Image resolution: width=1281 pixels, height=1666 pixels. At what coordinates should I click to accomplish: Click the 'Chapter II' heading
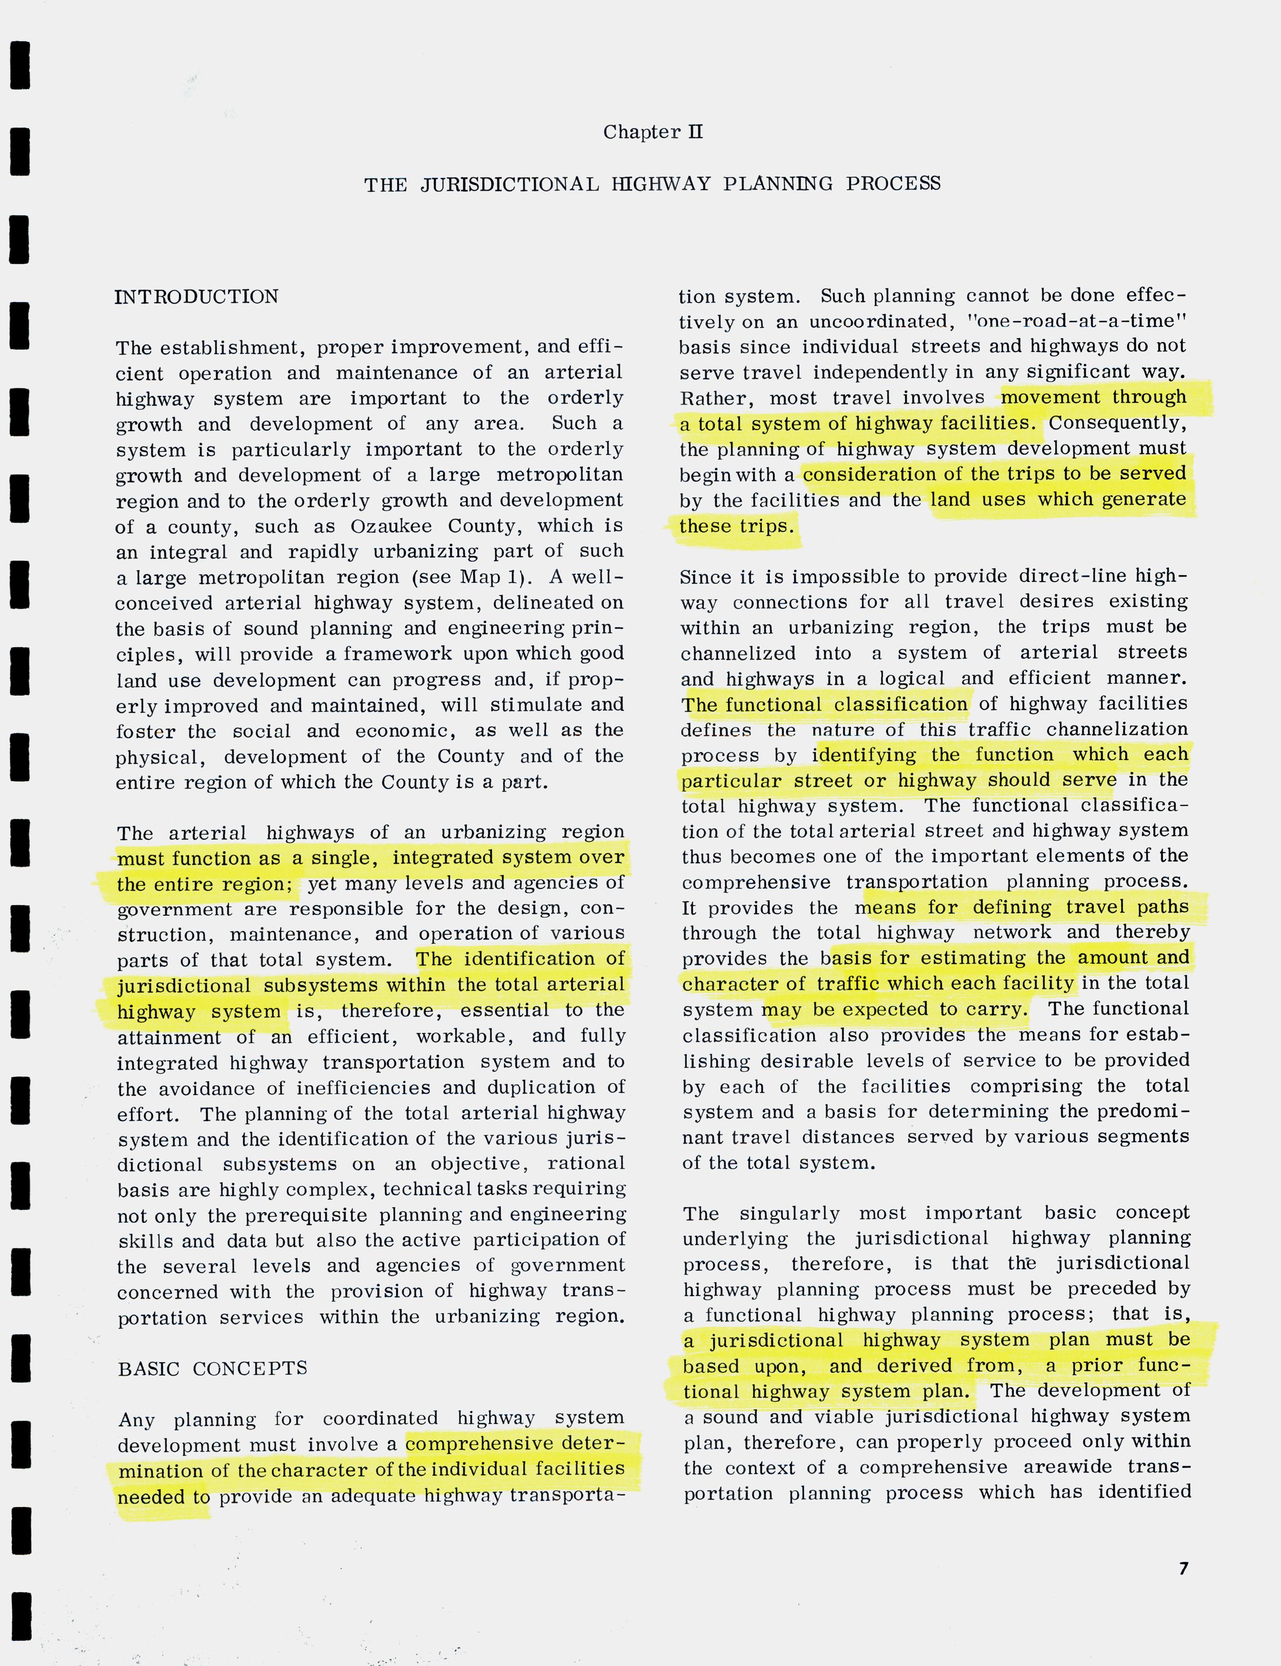pyautogui.click(x=653, y=132)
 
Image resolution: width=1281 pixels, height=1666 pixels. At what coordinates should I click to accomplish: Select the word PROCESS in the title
pyautogui.click(x=893, y=184)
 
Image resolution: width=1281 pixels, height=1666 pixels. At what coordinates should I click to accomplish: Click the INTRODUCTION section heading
pyautogui.click(x=197, y=297)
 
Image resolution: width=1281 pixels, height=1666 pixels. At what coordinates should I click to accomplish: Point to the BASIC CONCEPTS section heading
pyautogui.click(x=213, y=1368)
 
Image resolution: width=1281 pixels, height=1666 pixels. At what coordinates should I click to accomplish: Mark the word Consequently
pyautogui.click(x=1118, y=423)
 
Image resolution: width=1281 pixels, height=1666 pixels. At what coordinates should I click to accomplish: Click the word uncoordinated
pyautogui.click(x=867, y=321)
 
